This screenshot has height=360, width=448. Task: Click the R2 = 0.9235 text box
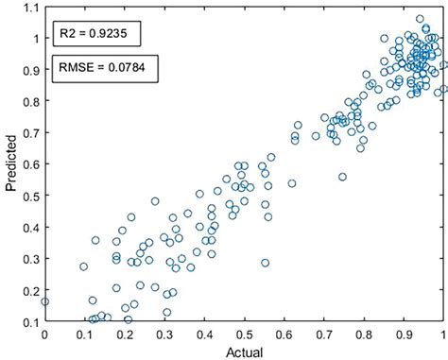tap(96, 35)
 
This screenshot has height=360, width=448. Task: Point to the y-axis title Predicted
tap(12, 165)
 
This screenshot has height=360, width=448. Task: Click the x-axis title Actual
tap(243, 351)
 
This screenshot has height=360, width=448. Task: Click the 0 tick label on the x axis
tap(44, 334)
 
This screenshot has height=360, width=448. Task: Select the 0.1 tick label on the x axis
tap(84, 334)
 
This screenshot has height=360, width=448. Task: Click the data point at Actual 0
tap(44, 302)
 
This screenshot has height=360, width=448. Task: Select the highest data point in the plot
tap(420, 19)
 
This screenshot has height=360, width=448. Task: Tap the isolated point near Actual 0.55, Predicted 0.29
tap(266, 263)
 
